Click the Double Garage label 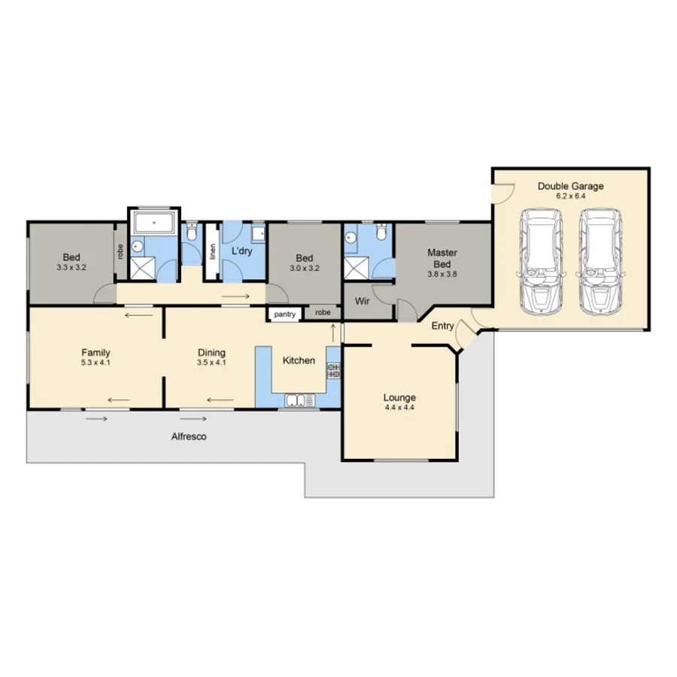coord(570,186)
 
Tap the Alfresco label coord(188,436)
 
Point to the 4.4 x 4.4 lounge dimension coord(399,408)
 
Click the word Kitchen coord(299,360)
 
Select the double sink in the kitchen coord(299,400)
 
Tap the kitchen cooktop coord(333,370)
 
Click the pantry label coord(284,314)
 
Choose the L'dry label coord(241,250)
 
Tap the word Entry coord(442,326)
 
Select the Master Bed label coord(442,258)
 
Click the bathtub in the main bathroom coord(153,223)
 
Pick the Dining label coord(211,352)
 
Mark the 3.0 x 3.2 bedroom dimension coord(305,267)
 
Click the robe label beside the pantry coord(322,312)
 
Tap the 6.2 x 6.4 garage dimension coord(570,196)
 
